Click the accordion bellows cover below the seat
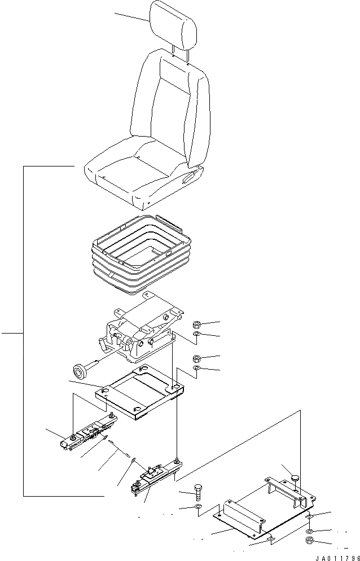[138, 257]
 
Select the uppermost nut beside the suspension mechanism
[197, 325]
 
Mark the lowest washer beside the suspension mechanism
[197, 369]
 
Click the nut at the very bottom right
[309, 542]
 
